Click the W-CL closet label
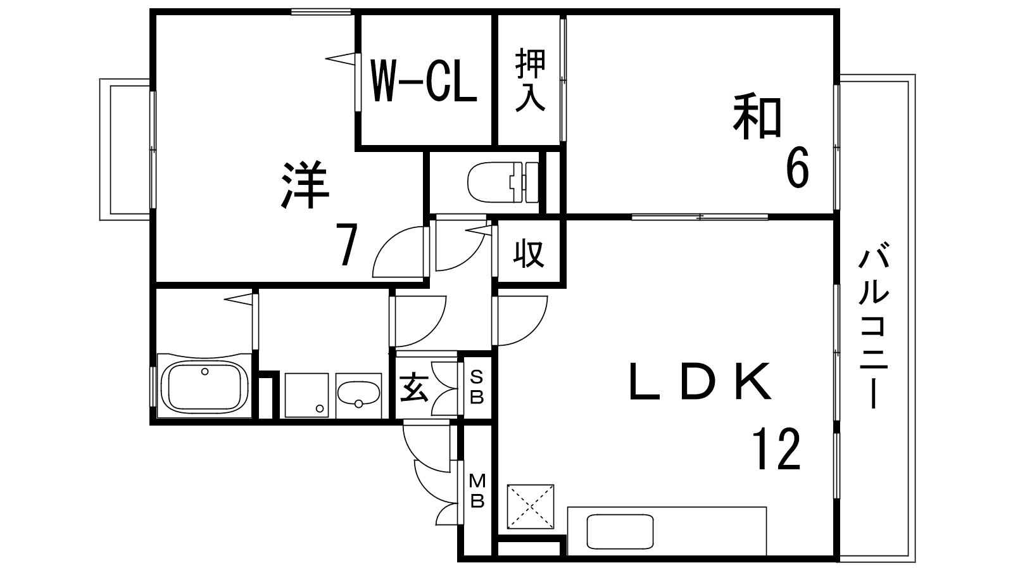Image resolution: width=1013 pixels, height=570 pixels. point(424,81)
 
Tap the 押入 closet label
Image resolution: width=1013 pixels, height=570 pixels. point(529,80)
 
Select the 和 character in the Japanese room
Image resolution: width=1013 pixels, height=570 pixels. point(757,118)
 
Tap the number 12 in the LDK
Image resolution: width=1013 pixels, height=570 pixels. point(776,449)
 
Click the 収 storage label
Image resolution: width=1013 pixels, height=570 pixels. point(528,253)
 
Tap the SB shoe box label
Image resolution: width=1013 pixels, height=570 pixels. point(477,387)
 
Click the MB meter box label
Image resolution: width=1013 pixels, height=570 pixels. point(477,491)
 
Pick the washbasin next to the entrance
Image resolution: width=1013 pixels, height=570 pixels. point(358,395)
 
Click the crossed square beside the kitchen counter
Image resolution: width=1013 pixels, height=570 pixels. point(531,507)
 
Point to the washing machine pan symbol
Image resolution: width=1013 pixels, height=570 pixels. point(306,394)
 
